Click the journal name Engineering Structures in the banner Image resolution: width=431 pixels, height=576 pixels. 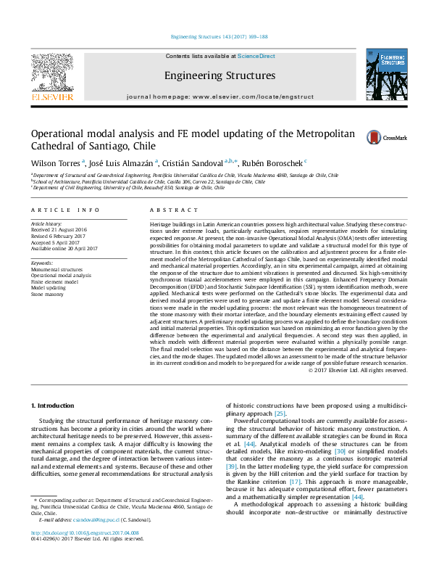pos(219,75)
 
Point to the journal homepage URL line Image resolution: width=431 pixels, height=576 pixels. pos(219,96)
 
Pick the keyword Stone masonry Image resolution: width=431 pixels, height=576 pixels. pos(46,295)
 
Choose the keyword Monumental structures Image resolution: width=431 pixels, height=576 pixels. pos(57,269)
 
